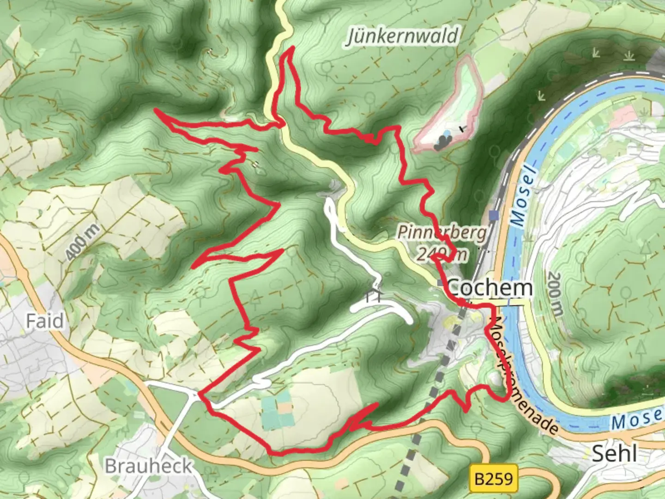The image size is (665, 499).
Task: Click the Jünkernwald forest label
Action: click(403, 36)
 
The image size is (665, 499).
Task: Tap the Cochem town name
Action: click(490, 288)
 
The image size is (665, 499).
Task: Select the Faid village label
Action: click(44, 321)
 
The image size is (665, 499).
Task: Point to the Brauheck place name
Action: click(148, 466)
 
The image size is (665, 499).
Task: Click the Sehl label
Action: click(614, 454)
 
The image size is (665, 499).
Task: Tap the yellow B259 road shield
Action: click(494, 479)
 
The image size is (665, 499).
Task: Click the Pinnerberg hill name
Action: click(442, 232)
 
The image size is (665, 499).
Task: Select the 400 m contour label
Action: click(82, 241)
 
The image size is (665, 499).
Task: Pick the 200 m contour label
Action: click(554, 294)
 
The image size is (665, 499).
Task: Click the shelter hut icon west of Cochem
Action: click(375, 296)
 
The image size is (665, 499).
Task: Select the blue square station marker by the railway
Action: click(495, 215)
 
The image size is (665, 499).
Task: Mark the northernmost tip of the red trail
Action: click(291, 48)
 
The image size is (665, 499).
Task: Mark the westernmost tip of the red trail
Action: click(156, 110)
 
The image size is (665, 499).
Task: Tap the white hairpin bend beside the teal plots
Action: click(261, 382)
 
